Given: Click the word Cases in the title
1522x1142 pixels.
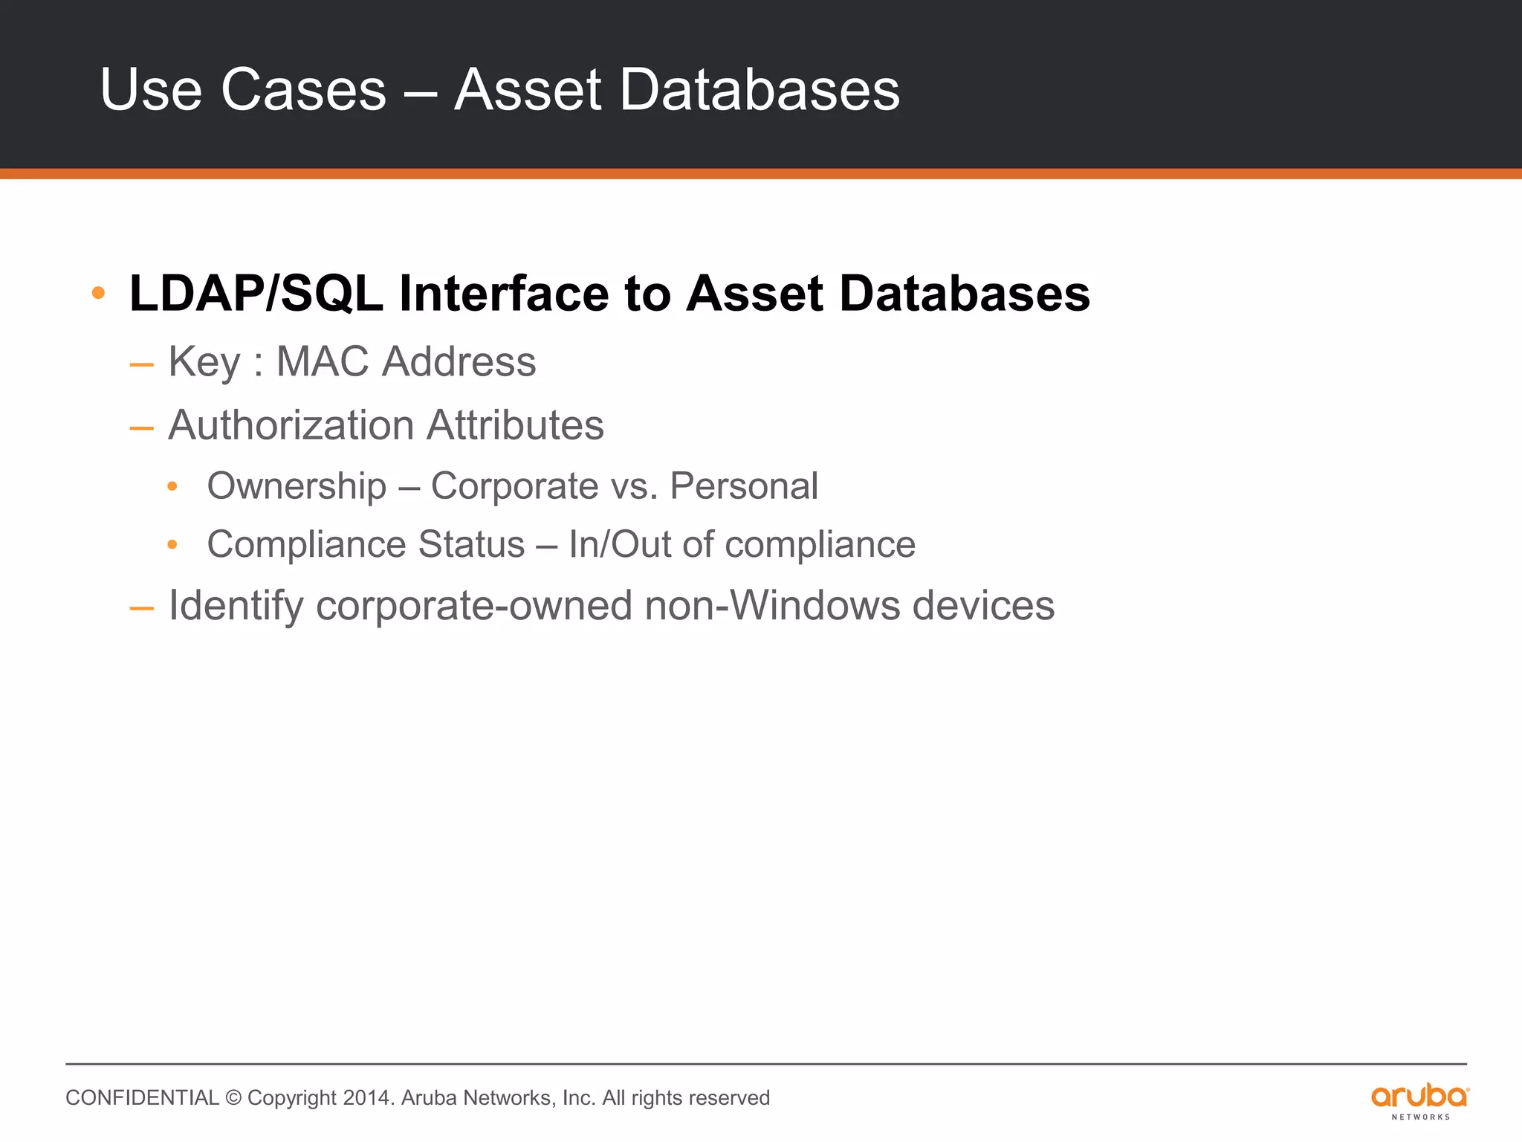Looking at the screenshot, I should pyautogui.click(x=303, y=90).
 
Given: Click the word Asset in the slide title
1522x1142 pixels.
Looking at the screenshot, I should pyautogui.click(x=528, y=90).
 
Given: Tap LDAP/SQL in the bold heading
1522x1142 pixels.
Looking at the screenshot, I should pyautogui.click(x=256, y=294).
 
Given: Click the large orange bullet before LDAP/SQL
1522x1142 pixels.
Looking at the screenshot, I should pyautogui.click(x=98, y=293).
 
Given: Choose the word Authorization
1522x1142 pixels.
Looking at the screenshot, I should pyautogui.click(x=291, y=425).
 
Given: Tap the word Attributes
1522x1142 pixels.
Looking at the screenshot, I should pyautogui.click(x=515, y=425).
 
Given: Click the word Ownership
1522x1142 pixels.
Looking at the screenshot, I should pyautogui.click(x=297, y=487).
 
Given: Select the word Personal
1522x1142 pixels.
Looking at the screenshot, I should pyautogui.click(x=744, y=486).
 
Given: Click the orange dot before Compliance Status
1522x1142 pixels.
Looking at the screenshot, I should pyautogui.click(x=172, y=545).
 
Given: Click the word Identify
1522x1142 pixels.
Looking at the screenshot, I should pyautogui.click(x=236, y=606).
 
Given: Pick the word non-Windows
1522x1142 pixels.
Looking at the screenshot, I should pyautogui.click(x=772, y=605).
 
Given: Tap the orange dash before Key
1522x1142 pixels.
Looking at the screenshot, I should pyautogui.click(x=141, y=365).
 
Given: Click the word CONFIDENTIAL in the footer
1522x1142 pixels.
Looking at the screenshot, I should pyautogui.click(x=142, y=1098).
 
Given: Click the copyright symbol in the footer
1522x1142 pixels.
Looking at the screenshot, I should pyautogui.click(x=233, y=1098).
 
